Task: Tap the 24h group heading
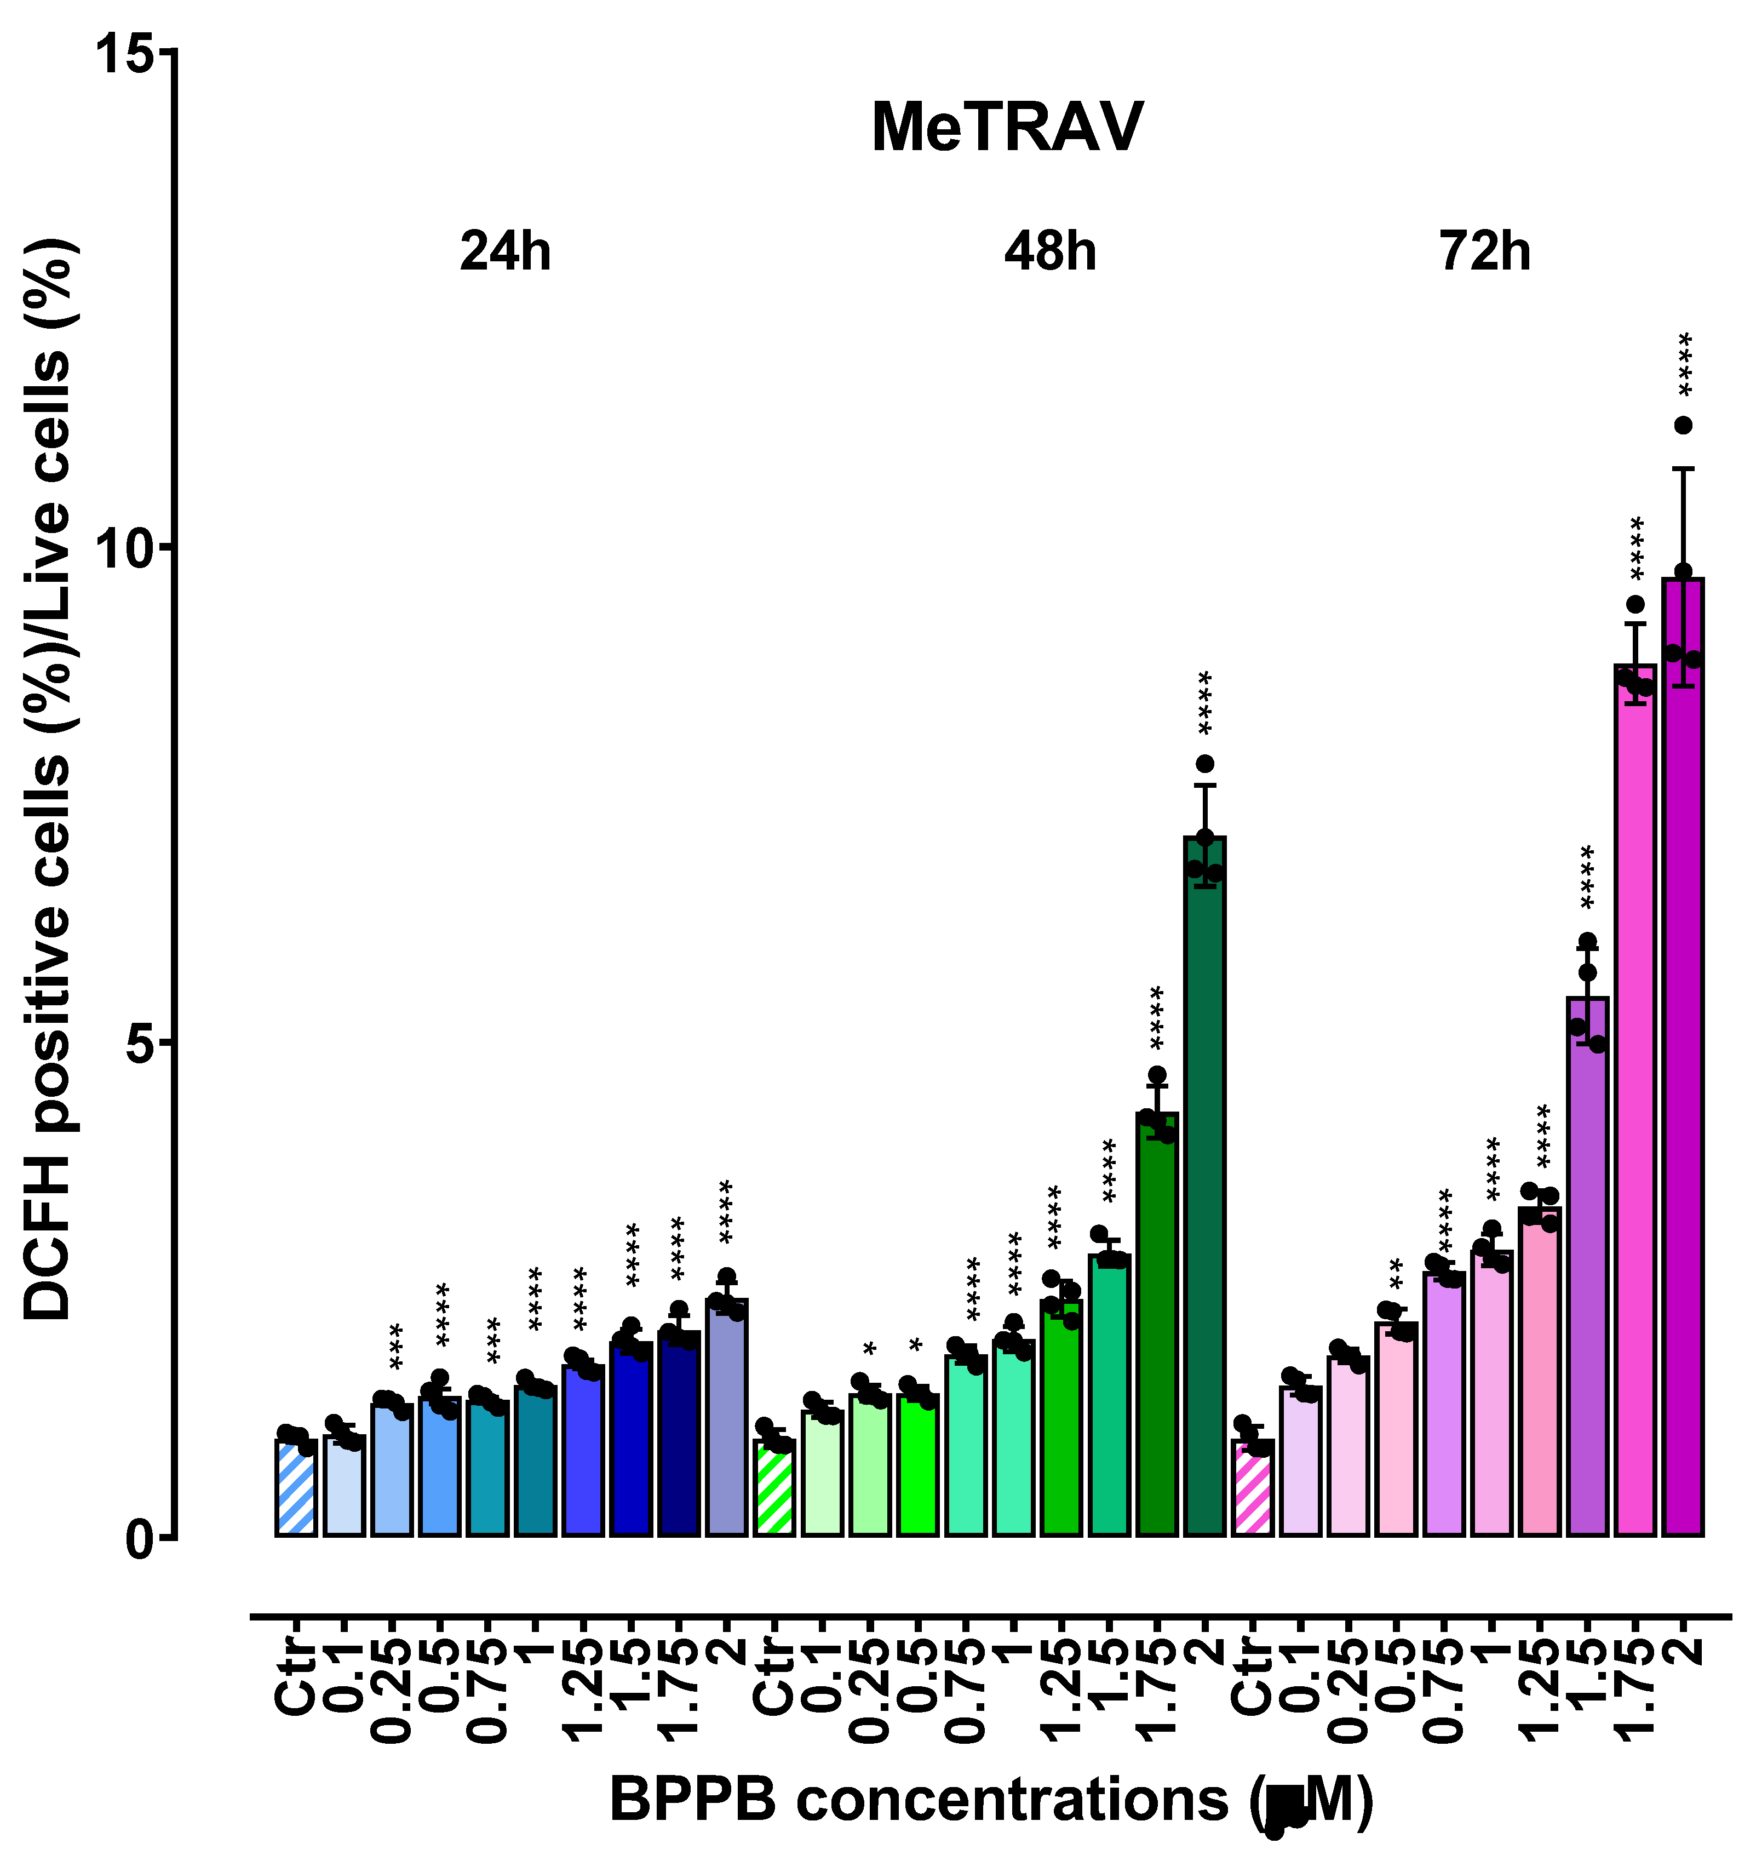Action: (506, 252)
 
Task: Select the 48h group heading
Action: (1050, 252)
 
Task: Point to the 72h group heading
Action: (1485, 252)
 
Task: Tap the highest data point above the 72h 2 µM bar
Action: (1684, 426)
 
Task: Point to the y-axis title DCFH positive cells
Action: (49, 777)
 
